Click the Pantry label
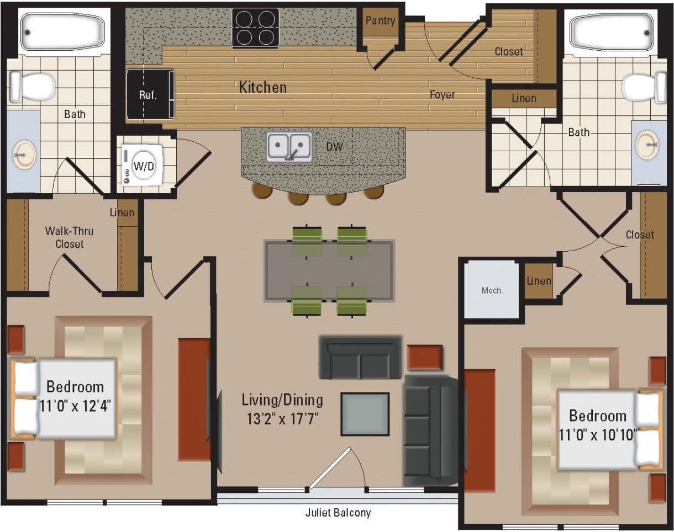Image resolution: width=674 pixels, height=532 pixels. click(381, 21)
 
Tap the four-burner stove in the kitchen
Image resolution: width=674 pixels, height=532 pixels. click(254, 28)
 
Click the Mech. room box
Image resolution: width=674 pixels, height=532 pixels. click(492, 290)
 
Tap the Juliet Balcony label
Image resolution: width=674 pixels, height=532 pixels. click(338, 513)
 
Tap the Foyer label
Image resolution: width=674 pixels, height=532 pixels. click(443, 95)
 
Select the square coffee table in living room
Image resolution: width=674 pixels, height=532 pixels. click(365, 414)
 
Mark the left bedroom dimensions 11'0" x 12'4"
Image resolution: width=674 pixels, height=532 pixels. click(76, 407)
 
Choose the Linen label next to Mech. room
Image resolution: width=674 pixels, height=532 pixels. click(539, 281)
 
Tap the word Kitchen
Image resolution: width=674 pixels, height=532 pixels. click(262, 87)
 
